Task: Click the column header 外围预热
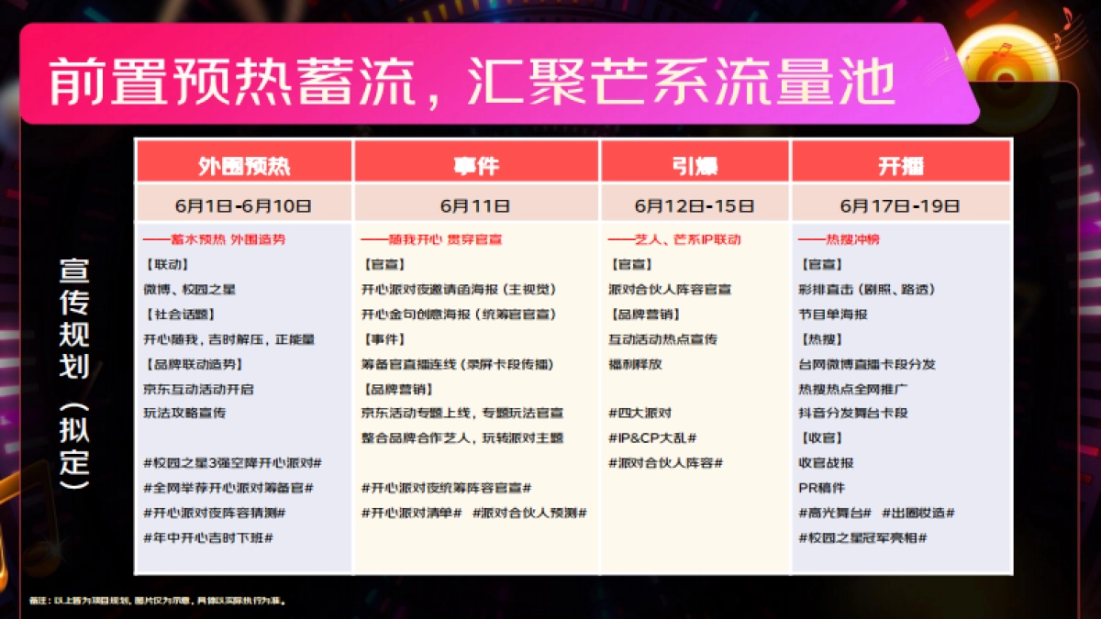pos(243,165)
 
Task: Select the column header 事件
pos(475,165)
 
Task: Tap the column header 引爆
pos(695,165)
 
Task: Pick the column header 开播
pos(901,165)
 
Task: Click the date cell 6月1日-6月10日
pos(243,205)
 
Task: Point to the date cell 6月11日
pos(475,205)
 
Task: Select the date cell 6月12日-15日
pos(695,205)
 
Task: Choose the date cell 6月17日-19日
pos(901,205)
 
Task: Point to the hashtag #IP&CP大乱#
pos(652,438)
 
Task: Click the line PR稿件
pos(822,488)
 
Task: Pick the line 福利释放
pos(635,364)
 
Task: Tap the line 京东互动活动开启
pos(198,389)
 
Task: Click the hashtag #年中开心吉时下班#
pos(208,537)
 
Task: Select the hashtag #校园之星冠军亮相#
pos(862,537)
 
